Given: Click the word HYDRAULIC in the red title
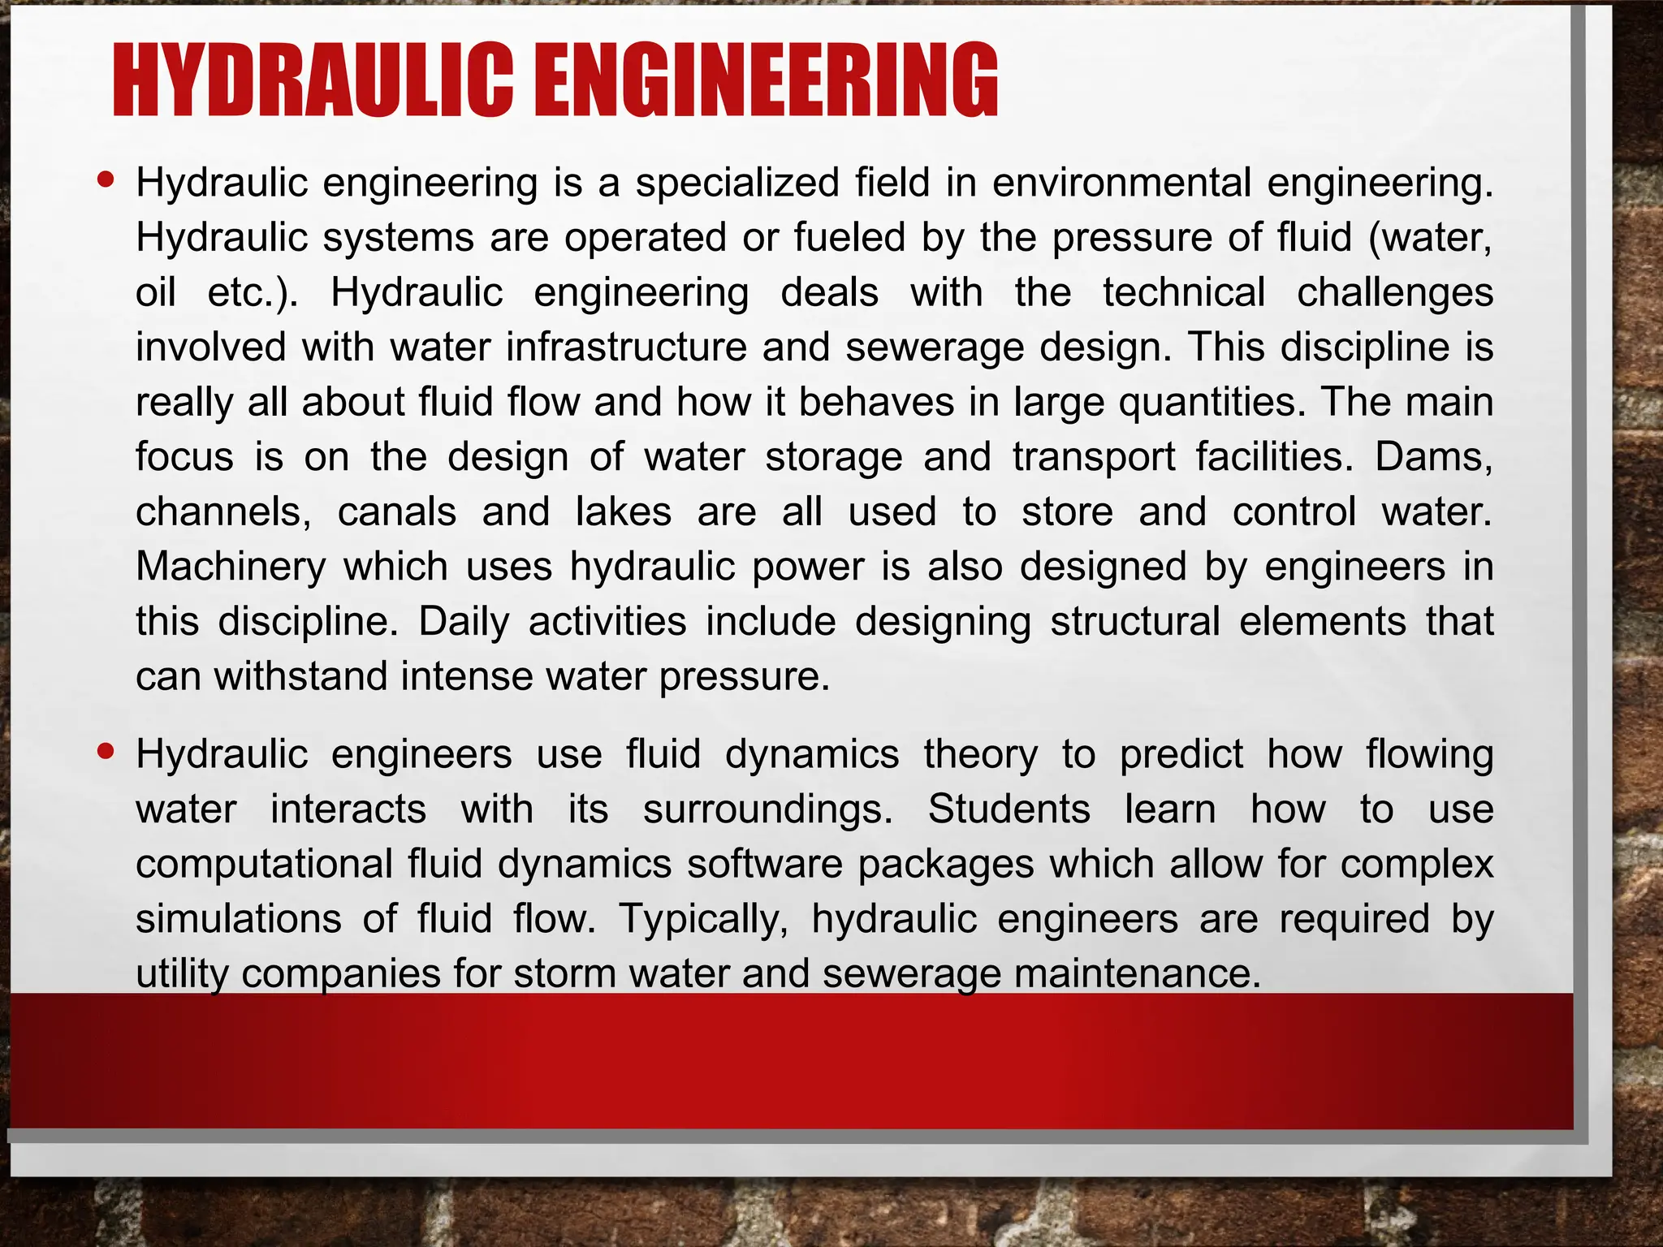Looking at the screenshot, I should [313, 81].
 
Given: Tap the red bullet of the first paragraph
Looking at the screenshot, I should [106, 179].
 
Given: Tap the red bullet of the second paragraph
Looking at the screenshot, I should [106, 751].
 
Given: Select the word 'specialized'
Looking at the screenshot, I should [736, 183].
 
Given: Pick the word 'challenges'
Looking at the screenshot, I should [1394, 293].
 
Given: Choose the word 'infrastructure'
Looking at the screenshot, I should [626, 347].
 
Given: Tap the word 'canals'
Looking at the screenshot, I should [397, 512].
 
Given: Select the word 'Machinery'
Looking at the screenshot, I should [231, 567].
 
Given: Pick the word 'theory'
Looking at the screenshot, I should [980, 754].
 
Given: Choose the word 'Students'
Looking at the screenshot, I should [1009, 809].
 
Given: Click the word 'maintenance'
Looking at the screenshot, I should [1122, 973].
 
